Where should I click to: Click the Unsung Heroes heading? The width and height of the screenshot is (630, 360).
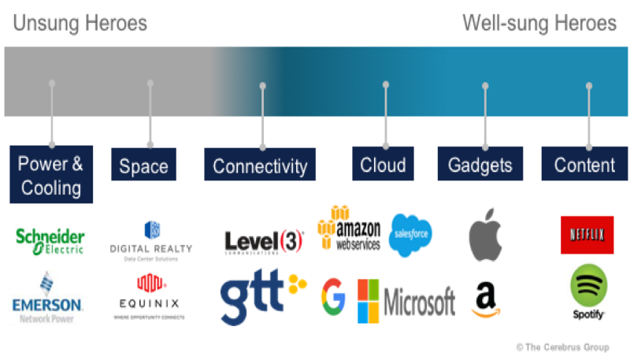[x=80, y=24]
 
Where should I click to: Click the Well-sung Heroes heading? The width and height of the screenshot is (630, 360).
[x=539, y=24]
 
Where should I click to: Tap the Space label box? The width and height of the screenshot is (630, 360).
[x=143, y=166]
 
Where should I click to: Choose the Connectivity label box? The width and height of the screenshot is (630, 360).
[x=260, y=166]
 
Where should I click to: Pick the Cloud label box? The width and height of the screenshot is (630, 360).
[x=383, y=165]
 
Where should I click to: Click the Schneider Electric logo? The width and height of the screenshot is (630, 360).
[x=50, y=240]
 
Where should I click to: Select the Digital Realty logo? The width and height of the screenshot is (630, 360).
[x=152, y=239]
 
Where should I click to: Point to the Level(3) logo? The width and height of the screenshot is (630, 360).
[x=263, y=242]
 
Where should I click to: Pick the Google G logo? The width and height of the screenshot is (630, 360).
[x=333, y=297]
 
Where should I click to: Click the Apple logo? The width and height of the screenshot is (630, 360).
[x=485, y=235]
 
